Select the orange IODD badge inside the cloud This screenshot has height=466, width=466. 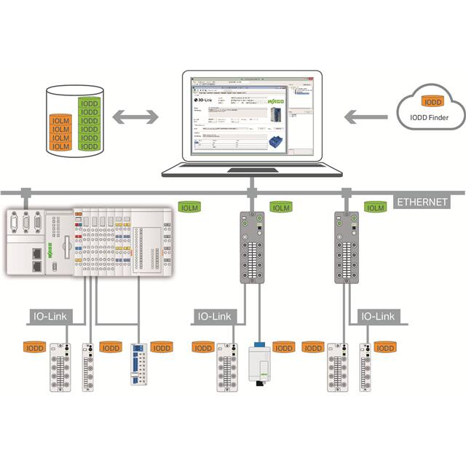(433, 103)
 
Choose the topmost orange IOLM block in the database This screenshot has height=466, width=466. (60, 119)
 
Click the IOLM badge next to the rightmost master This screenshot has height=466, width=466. (375, 208)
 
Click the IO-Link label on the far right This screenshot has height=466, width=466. (376, 317)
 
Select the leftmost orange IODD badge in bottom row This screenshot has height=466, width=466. (34, 348)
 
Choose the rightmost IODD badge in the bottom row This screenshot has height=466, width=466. (385, 348)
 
